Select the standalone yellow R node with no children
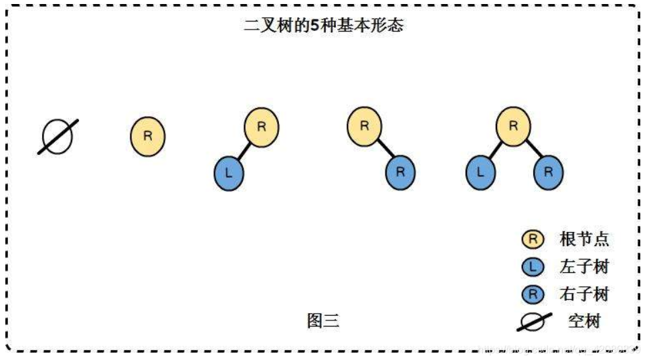(147, 136)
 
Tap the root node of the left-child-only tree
(262, 126)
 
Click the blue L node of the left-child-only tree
(229, 172)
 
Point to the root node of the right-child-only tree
(364, 126)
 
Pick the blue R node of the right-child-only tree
(400, 172)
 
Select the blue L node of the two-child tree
(480, 172)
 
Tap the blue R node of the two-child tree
(548, 172)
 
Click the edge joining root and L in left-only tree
(245, 150)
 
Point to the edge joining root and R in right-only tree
(383, 149)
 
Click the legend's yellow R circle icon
(533, 239)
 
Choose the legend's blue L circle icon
(533, 267)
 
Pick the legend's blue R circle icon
(533, 294)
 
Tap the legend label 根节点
(584, 239)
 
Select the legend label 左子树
(584, 267)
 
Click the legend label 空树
(583, 322)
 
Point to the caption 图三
(323, 321)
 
